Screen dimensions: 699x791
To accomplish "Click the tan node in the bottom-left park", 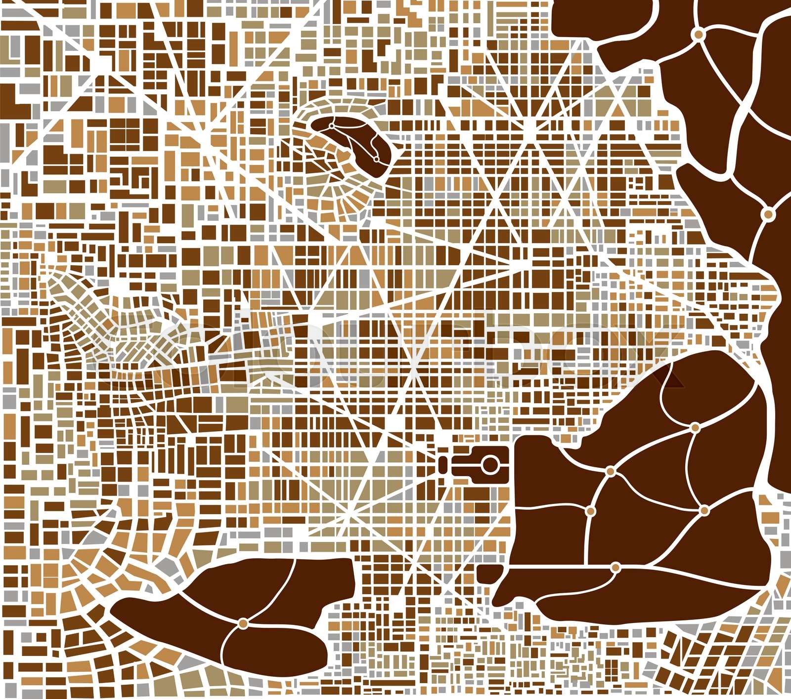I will pyautogui.click(x=243, y=624).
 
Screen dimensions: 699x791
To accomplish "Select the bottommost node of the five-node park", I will pyautogui.click(x=615, y=567).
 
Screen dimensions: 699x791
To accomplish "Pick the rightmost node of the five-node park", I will pyautogui.click(x=704, y=509).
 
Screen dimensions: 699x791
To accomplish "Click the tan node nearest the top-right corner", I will pyautogui.click(x=698, y=34).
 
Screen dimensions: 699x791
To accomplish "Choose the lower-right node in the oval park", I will pyautogui.click(x=375, y=159).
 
